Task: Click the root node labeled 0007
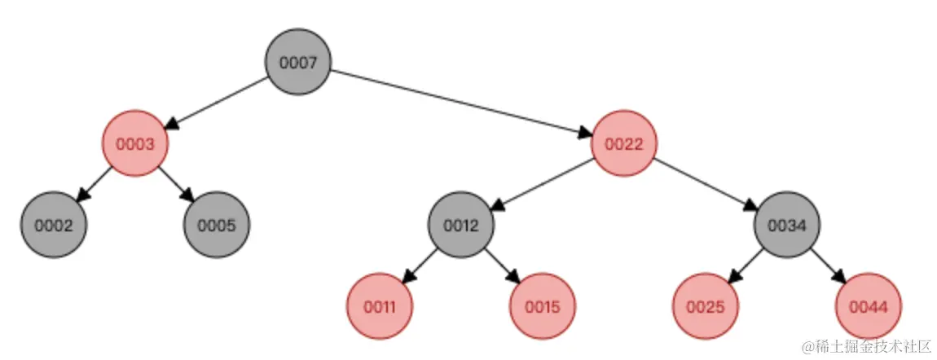[x=297, y=62]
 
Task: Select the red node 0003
[x=134, y=143]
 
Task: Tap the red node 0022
[x=624, y=143]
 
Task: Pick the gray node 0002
[x=53, y=225]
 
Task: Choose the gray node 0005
[x=217, y=225]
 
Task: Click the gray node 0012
[x=461, y=225]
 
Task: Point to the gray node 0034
[x=787, y=225]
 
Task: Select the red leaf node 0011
[x=380, y=307]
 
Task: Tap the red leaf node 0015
[x=543, y=307]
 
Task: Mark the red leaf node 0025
[x=706, y=307]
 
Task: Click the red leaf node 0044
[x=869, y=307]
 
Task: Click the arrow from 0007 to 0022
[x=460, y=103]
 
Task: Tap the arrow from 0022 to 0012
[x=543, y=184]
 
